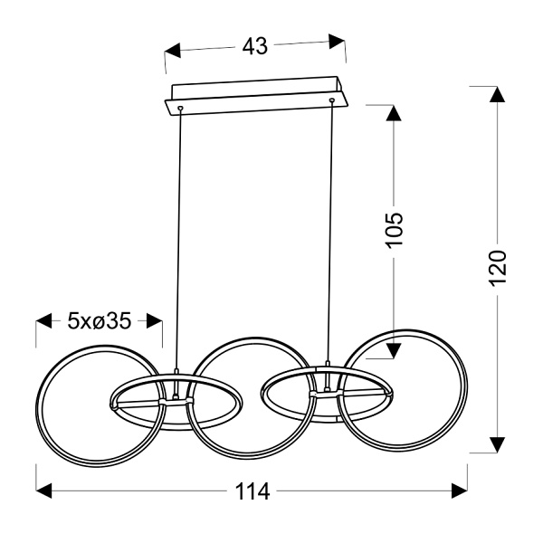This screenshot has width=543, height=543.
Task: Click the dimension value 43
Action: click(x=255, y=46)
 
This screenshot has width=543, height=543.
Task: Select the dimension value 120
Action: click(x=497, y=268)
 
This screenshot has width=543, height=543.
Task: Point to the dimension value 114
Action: click(x=252, y=491)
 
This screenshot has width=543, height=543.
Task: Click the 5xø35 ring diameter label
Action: click(x=100, y=321)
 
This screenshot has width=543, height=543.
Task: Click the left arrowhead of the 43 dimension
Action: click(x=173, y=51)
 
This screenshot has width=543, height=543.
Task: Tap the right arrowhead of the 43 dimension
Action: click(x=337, y=42)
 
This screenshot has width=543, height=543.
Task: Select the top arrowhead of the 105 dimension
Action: click(x=394, y=113)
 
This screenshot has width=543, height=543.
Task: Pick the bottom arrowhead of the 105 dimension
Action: click(x=394, y=351)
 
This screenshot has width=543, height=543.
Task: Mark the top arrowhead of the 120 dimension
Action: click(x=497, y=94)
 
